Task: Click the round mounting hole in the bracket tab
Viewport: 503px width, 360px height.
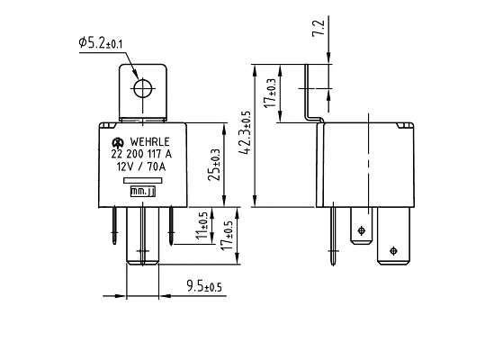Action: coord(142,88)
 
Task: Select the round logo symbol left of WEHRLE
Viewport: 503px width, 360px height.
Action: coord(117,142)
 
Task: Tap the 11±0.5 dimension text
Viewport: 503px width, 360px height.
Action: coord(203,224)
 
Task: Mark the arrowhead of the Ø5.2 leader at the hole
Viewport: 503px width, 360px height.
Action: coord(137,80)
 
